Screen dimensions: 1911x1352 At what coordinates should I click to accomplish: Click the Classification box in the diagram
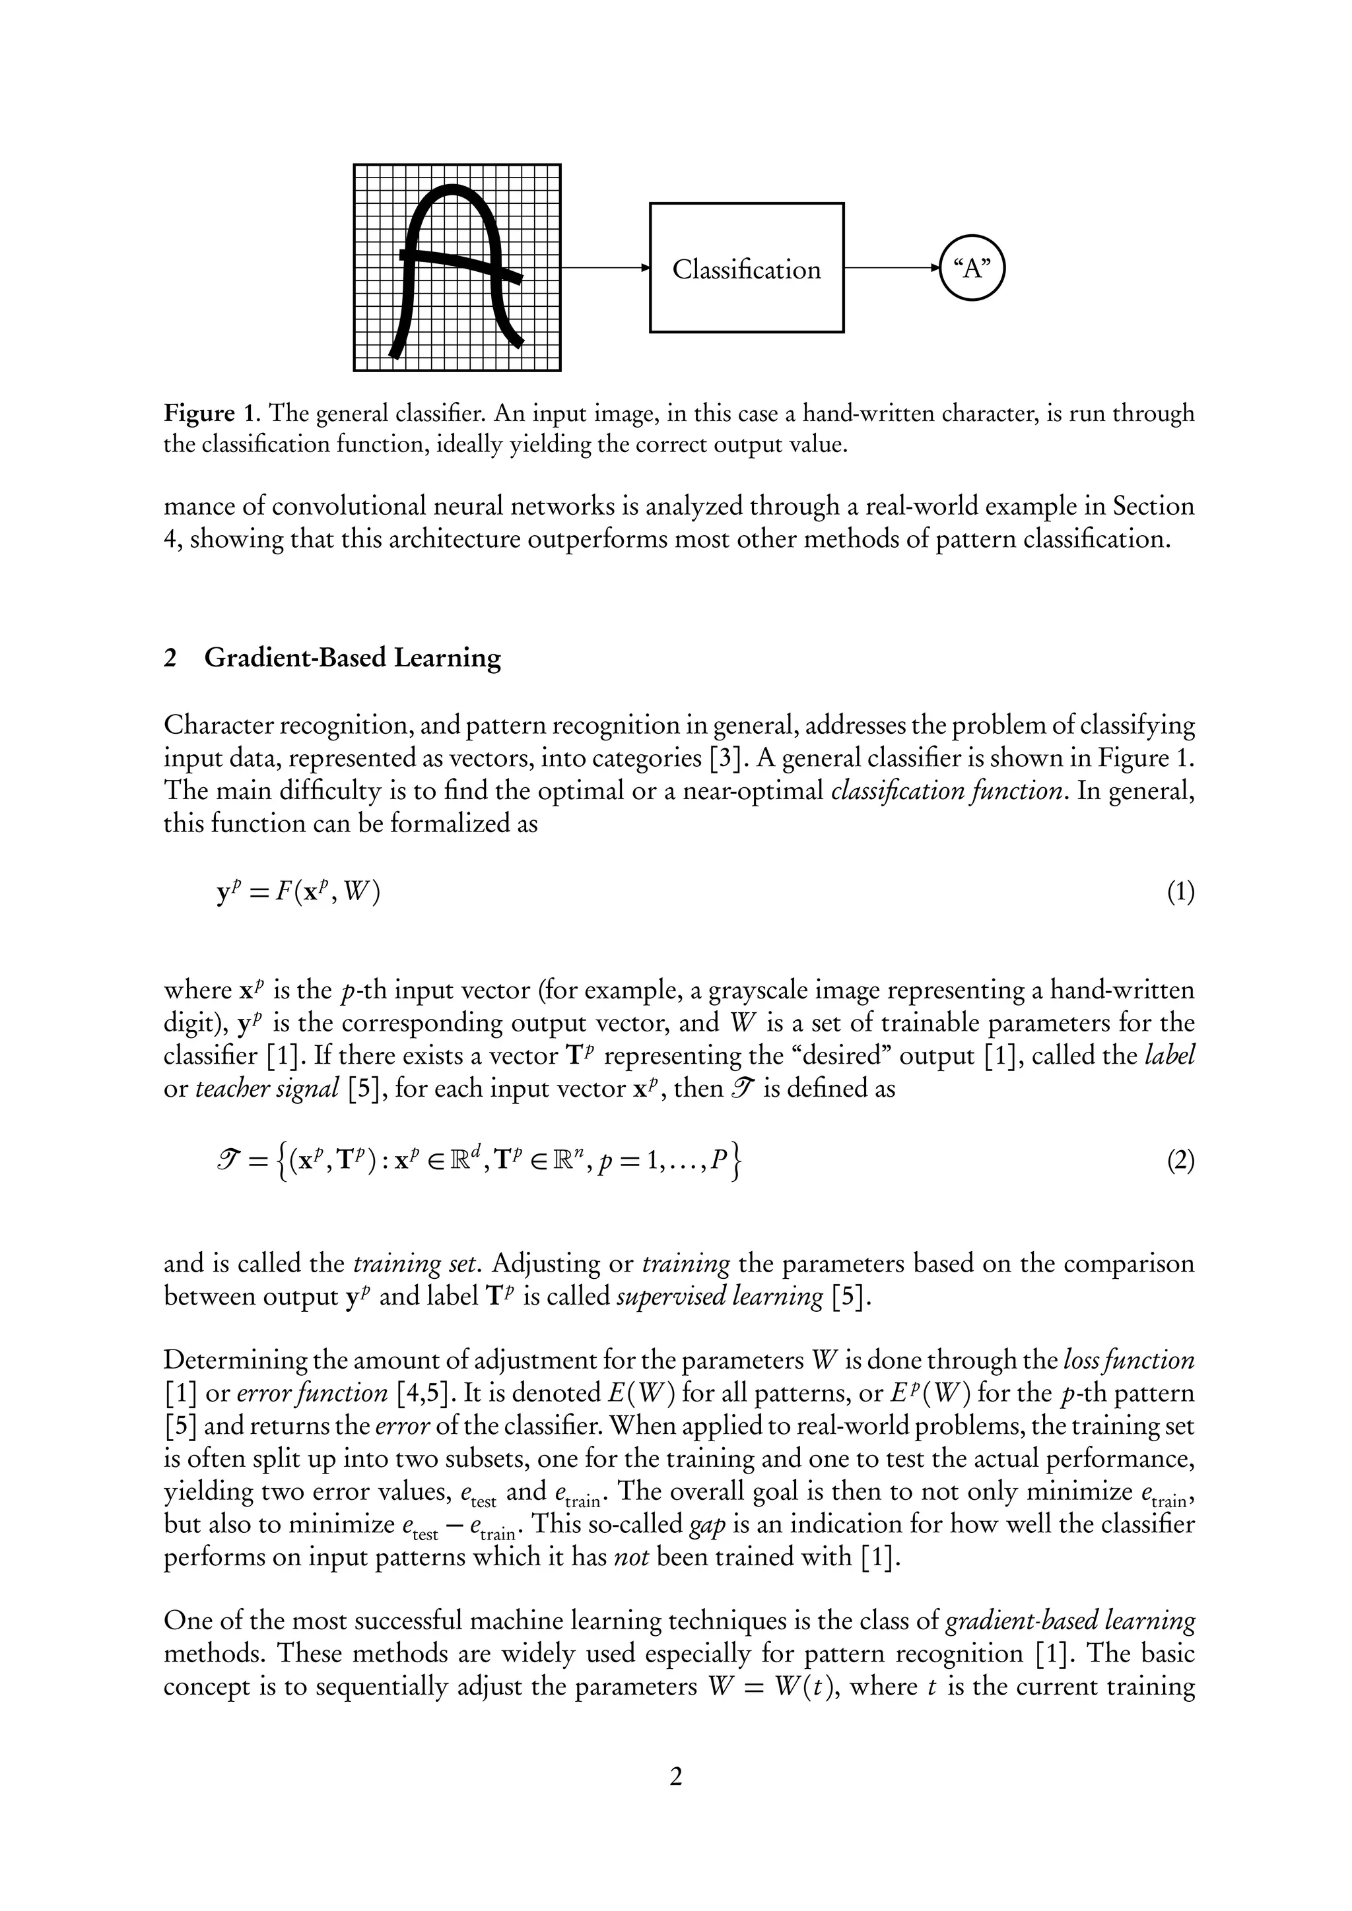click(x=746, y=268)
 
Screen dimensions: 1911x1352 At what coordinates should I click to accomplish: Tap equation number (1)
click(x=1180, y=893)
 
